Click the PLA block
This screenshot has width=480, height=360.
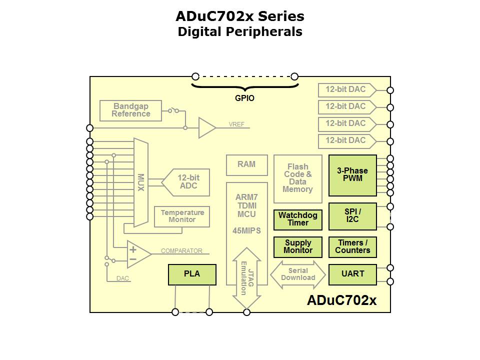tap(192, 274)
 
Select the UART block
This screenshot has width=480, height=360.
tap(352, 274)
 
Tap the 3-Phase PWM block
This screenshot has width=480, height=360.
tap(352, 175)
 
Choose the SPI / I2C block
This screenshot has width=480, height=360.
tap(352, 216)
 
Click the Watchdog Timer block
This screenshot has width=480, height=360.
tap(297, 219)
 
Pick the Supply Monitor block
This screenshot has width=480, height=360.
tap(297, 247)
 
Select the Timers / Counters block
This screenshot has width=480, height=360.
tap(352, 247)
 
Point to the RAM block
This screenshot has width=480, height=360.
tap(246, 165)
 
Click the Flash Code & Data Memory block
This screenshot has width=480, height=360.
tap(297, 178)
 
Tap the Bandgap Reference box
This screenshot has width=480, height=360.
tap(131, 110)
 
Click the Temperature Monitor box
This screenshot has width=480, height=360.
tap(182, 216)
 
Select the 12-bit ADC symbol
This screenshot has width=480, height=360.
tap(186, 182)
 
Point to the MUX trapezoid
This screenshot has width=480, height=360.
tap(140, 182)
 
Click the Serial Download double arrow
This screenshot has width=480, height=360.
tap(298, 274)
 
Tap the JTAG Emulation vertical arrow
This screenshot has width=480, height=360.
tap(246, 278)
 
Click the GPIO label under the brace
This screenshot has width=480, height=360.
tap(244, 98)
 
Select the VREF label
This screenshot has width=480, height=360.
tap(236, 124)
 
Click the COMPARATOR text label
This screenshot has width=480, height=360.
tap(181, 251)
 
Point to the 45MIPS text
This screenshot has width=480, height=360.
tap(246, 231)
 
